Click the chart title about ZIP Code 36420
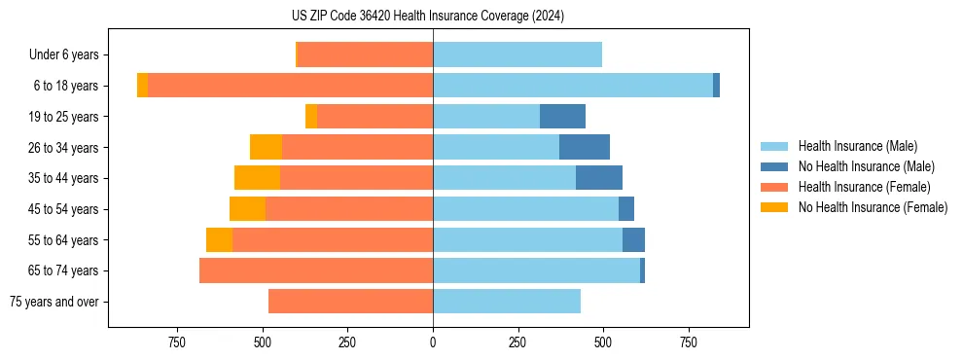pyautogui.click(x=428, y=17)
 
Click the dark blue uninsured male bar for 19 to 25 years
pyautogui.click(x=562, y=117)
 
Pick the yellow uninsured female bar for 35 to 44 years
pyautogui.click(x=257, y=178)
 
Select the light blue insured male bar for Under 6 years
pyautogui.click(x=517, y=55)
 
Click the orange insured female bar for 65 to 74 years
pyautogui.click(x=316, y=270)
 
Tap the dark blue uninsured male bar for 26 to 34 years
pyautogui.click(x=585, y=148)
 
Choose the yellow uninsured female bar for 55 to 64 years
pyautogui.click(x=219, y=240)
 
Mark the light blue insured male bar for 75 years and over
pyautogui.click(x=507, y=302)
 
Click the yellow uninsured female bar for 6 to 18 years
pyautogui.click(x=142, y=86)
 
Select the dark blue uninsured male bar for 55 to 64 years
pyautogui.click(x=633, y=240)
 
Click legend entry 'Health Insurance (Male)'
pyautogui.click(x=857, y=146)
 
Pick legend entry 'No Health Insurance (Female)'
pyautogui.click(x=873, y=207)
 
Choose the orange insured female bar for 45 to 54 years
pyautogui.click(x=349, y=209)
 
